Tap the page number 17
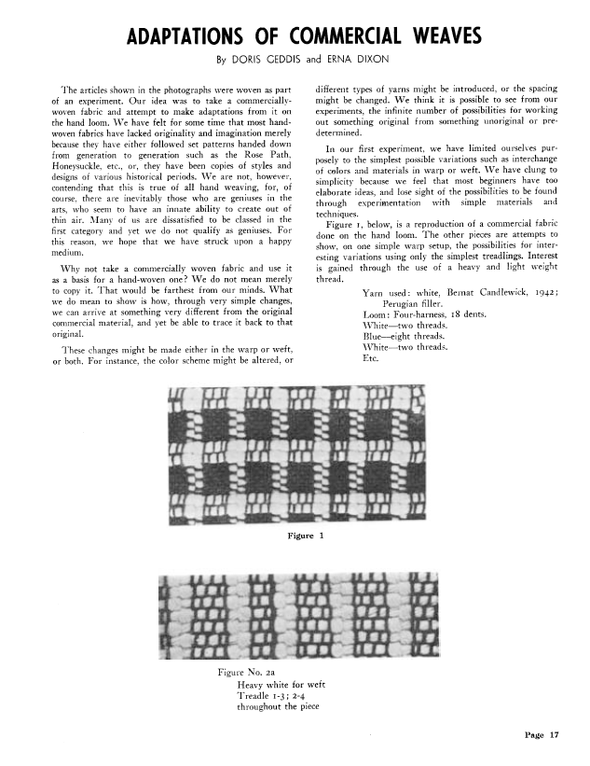coord(553,735)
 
